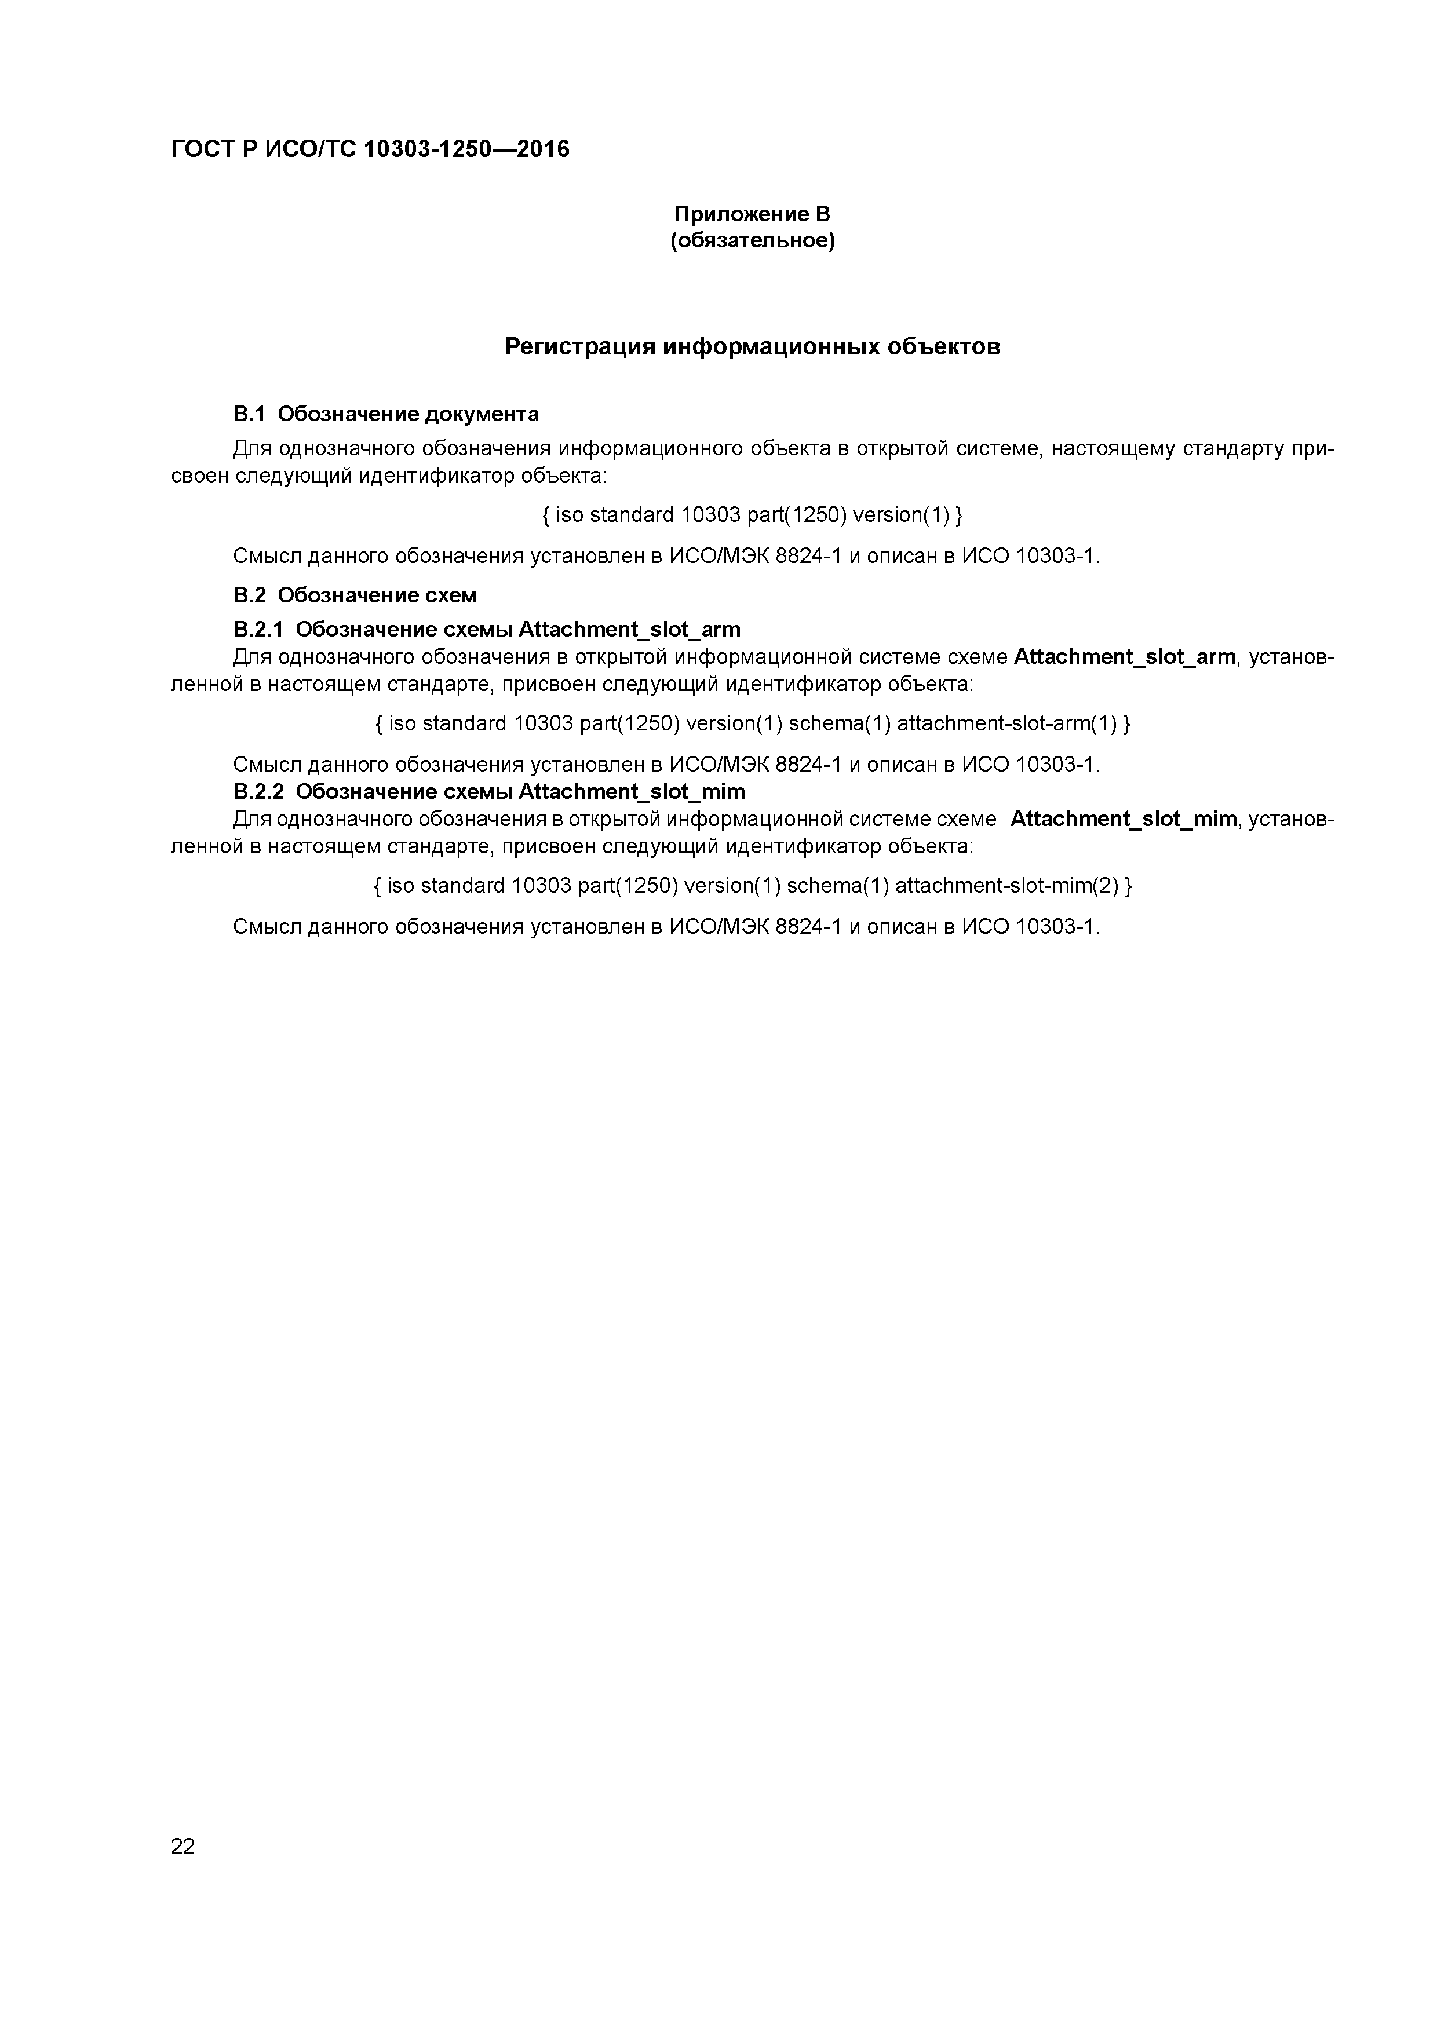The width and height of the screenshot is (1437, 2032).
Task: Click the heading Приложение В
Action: (x=752, y=214)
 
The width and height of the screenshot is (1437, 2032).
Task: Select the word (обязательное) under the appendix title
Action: (x=752, y=241)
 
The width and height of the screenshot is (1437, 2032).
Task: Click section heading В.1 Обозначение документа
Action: (x=386, y=414)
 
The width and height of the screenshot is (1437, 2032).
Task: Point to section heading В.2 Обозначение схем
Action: (x=354, y=595)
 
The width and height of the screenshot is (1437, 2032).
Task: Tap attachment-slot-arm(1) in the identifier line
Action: (x=1008, y=724)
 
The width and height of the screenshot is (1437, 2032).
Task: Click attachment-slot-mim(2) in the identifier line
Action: (x=1008, y=886)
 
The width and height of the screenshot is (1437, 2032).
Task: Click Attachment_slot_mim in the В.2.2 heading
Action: (x=631, y=791)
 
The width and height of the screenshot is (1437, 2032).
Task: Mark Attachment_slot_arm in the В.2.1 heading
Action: (x=629, y=629)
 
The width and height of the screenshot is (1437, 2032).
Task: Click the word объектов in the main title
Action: (x=944, y=347)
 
